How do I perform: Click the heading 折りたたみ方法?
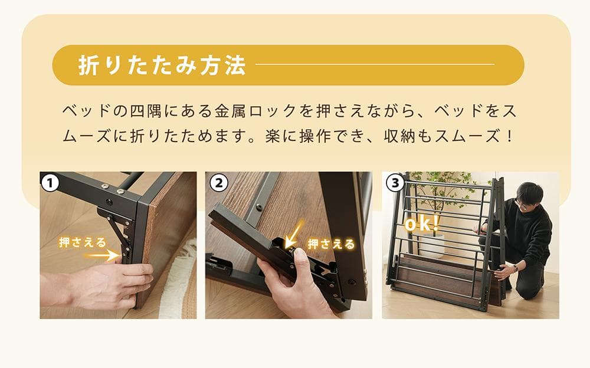[162, 65]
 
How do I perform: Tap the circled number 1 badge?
[50, 183]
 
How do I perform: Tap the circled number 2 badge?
[218, 183]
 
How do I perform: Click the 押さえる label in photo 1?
[83, 242]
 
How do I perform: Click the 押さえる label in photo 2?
[331, 244]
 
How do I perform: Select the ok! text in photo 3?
[422, 225]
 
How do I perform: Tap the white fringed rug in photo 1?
[175, 277]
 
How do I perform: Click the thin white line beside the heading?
[375, 64]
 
